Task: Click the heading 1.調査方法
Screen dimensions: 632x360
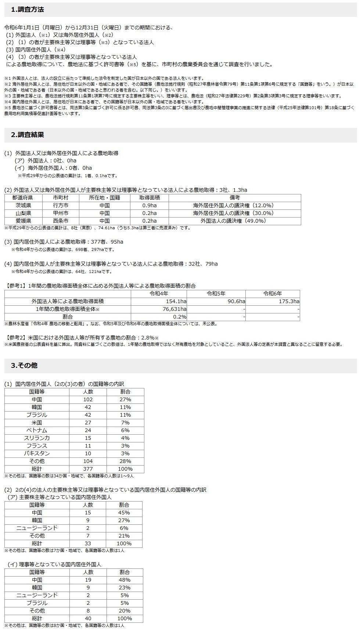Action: point(28,10)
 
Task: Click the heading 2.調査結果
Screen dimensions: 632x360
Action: point(28,135)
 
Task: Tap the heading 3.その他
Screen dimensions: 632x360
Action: point(24,366)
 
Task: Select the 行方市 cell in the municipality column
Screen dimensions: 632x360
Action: point(61,205)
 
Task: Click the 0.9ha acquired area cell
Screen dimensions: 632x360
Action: point(149,205)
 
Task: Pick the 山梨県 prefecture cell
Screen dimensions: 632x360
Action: point(24,213)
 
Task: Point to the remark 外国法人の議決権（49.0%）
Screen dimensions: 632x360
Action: point(233,221)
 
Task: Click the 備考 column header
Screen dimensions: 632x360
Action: point(234,198)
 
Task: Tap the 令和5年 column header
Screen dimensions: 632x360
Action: point(216,294)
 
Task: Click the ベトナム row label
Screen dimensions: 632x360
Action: point(37,430)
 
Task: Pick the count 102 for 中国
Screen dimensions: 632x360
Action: point(88,399)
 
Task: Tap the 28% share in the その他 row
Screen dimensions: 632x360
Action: point(125,461)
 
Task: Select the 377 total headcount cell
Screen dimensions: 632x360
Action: point(88,469)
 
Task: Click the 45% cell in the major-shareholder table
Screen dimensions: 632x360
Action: point(124,513)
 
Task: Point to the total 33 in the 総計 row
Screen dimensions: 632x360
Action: point(88,543)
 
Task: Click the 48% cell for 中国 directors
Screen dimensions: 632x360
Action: point(125,580)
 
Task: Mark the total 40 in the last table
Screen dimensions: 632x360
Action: point(88,618)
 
